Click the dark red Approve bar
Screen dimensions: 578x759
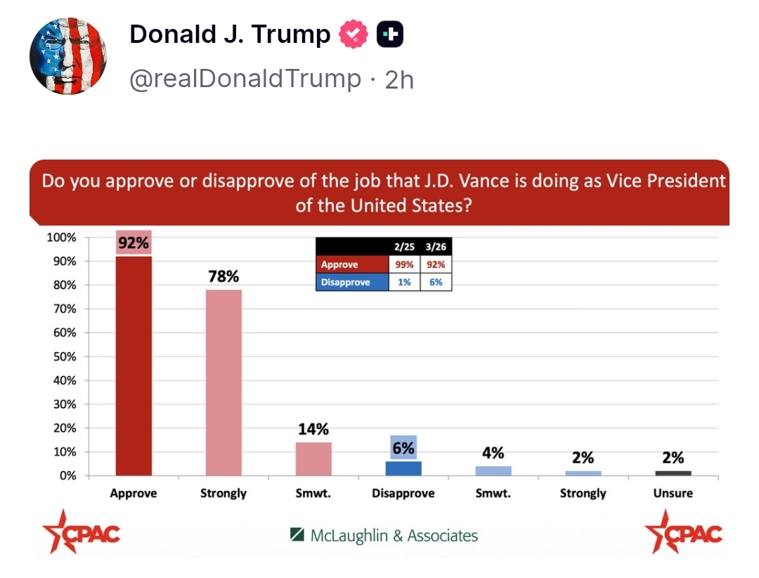tap(134, 366)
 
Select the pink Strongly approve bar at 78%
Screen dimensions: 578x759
tap(223, 383)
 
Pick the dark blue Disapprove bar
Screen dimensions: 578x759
tap(403, 468)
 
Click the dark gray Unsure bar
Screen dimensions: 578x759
tap(673, 473)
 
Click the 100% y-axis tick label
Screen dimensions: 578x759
tap(61, 237)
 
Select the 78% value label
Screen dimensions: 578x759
tap(223, 276)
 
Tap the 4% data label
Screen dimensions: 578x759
tap(493, 453)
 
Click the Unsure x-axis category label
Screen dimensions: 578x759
tap(673, 494)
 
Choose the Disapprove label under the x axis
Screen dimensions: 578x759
tap(403, 494)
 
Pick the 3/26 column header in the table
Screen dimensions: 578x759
tap(436, 248)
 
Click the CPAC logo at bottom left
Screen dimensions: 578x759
tap(82, 532)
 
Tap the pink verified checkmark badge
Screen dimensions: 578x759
tap(353, 34)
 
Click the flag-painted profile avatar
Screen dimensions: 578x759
tap(67, 56)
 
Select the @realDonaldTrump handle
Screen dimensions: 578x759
tap(245, 79)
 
